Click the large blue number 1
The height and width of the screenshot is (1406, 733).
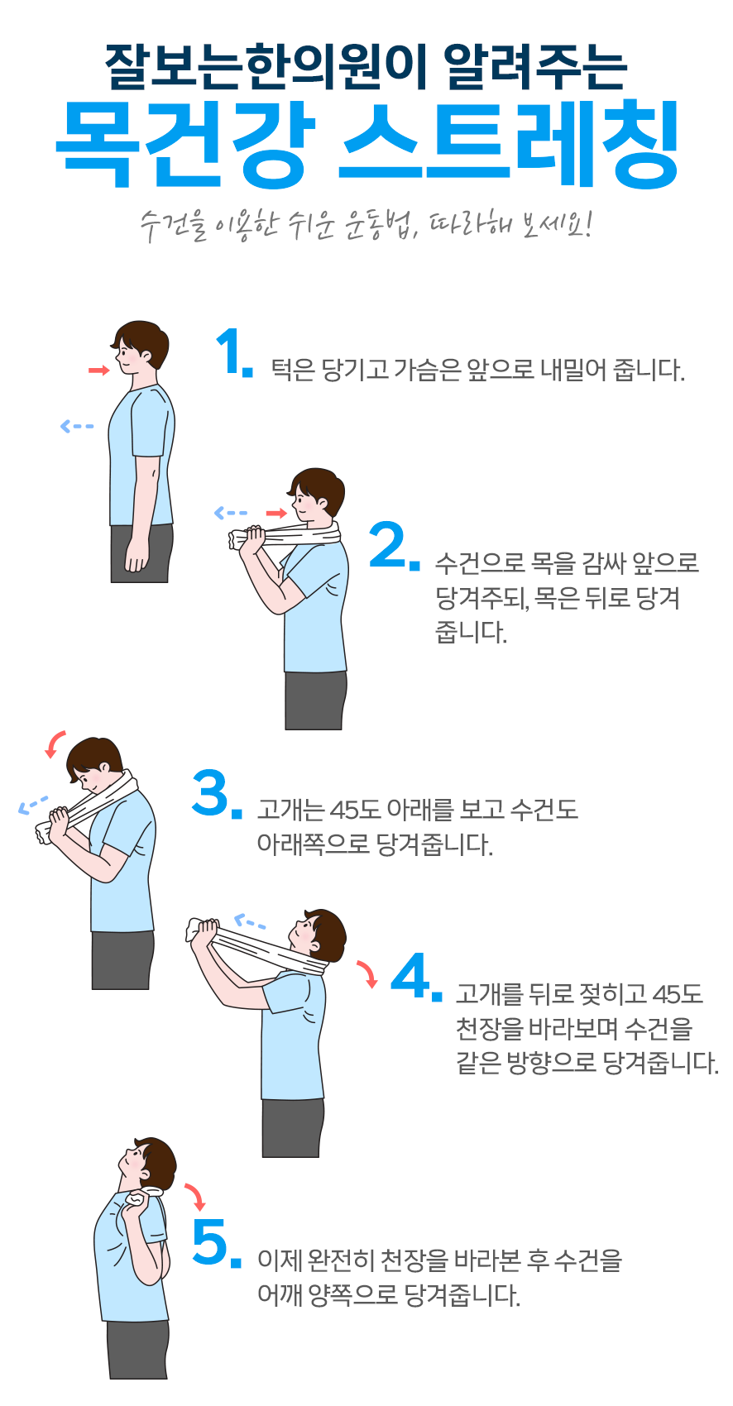(x=228, y=352)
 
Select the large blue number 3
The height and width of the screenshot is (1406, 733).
(x=210, y=793)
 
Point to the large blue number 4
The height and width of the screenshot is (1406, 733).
(x=411, y=975)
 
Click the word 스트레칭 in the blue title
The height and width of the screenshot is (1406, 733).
(x=509, y=144)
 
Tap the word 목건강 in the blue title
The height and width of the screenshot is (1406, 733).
(x=184, y=144)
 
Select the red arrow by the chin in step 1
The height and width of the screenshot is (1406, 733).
(x=98, y=371)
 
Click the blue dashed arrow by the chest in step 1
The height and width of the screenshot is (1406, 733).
(x=77, y=426)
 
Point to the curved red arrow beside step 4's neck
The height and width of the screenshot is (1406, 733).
(x=368, y=973)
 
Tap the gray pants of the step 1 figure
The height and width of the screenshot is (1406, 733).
(x=141, y=553)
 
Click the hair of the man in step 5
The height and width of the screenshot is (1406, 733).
(x=157, y=1159)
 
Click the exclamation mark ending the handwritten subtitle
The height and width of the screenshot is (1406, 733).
(x=587, y=225)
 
